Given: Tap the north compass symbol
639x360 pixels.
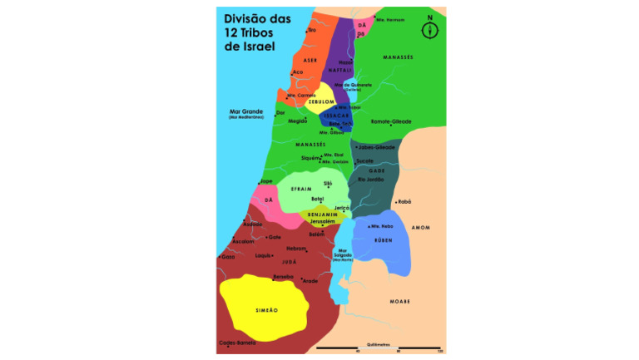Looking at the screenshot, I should point(430,28).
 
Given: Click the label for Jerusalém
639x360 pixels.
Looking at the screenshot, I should point(322,222).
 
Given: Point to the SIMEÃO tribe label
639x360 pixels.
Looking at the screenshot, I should point(265,309).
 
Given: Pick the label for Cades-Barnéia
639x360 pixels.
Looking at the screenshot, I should point(236,342).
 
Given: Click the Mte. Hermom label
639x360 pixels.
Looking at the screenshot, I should point(390,19).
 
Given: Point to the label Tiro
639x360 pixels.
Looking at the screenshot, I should point(312,30).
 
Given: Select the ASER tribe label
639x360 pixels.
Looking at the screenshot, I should point(310,60).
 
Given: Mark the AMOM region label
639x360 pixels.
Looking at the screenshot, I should point(421,227).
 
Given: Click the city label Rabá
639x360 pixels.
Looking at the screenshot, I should point(405,201).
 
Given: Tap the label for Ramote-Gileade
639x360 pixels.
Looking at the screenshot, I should point(390,121).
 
